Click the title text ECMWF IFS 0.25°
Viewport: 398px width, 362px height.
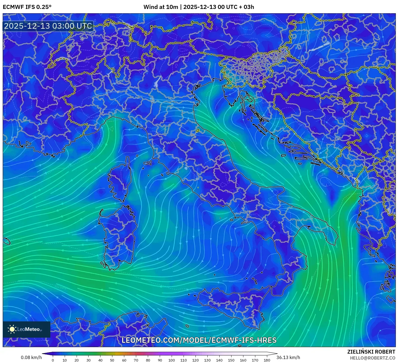(27, 7)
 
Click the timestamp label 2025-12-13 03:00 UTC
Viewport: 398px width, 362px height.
(48, 26)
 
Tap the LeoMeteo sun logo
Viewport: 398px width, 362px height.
(12, 329)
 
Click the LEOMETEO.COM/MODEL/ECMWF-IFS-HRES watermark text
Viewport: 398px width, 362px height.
(199, 340)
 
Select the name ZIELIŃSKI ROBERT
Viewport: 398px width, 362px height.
(371, 352)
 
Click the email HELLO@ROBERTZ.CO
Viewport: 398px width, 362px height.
(373, 358)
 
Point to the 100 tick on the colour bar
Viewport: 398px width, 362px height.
(171, 360)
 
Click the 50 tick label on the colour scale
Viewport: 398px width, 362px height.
(112, 360)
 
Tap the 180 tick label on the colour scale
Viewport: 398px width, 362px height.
(267, 360)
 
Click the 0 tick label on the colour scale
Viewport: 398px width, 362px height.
(53, 360)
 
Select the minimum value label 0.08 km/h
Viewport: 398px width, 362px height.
(31, 357)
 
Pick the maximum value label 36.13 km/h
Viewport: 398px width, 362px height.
(288, 357)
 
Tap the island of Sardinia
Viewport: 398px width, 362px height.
(118, 236)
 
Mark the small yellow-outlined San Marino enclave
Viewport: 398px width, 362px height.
(198, 131)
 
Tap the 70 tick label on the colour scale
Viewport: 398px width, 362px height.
(136, 360)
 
